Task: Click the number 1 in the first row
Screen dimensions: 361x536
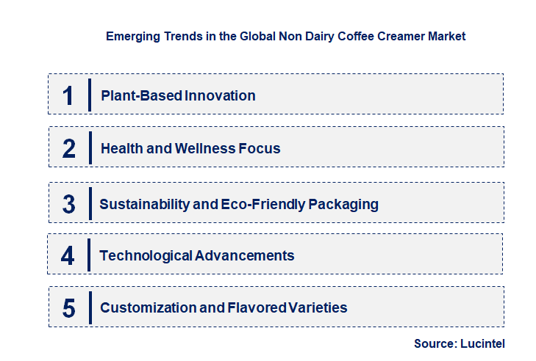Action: [x=68, y=95]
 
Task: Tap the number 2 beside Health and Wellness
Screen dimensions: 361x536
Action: [x=69, y=148]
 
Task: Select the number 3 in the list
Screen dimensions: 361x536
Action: [x=68, y=204]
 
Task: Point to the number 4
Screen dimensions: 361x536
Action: [x=68, y=256]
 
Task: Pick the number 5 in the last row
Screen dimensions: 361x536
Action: [x=68, y=308]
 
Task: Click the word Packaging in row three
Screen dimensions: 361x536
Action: [x=343, y=204]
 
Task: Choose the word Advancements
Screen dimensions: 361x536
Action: [x=245, y=255]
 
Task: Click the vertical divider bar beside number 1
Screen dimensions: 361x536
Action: [x=90, y=95]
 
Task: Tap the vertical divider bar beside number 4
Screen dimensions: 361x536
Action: [x=90, y=255]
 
